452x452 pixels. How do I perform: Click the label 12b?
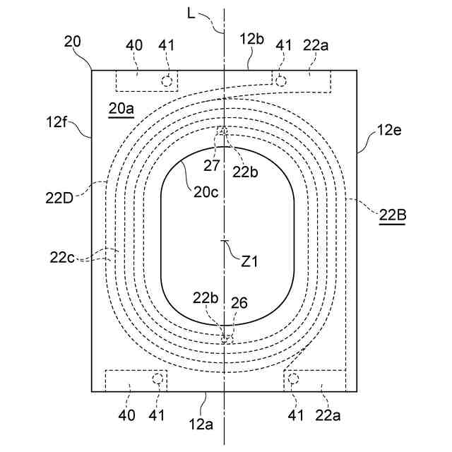tap(251, 39)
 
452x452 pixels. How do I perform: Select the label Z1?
tap(249, 261)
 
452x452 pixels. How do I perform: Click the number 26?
tap(239, 304)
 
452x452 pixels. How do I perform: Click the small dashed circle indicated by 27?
tap(223, 131)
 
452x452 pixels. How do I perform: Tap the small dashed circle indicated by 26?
tap(225, 339)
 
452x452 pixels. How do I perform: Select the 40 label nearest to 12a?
tap(127, 416)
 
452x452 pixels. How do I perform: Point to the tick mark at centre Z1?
tap(224, 242)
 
